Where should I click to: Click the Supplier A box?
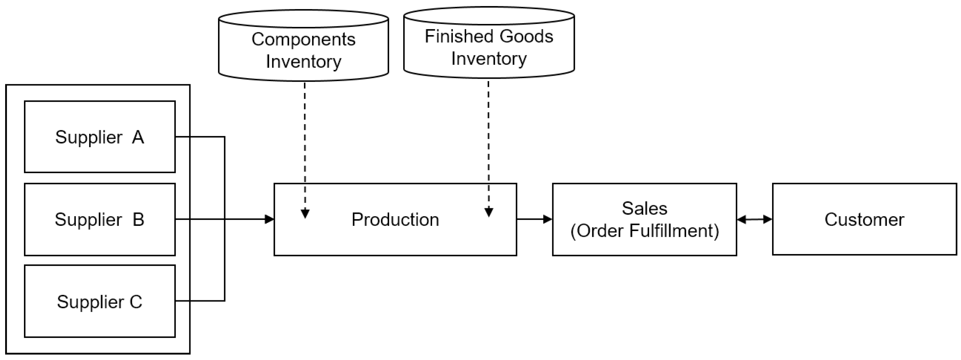[x=100, y=137]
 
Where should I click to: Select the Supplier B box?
[x=100, y=219]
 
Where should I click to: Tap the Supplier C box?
[x=100, y=301]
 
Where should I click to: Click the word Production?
[x=395, y=219]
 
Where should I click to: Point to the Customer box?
[x=864, y=219]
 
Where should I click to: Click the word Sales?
[x=644, y=208]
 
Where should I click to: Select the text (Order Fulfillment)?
[x=644, y=230]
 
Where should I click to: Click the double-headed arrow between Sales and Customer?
[x=754, y=219]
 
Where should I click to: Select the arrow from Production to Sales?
[x=534, y=219]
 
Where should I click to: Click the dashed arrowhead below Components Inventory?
[x=305, y=214]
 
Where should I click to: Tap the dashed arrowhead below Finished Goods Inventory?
[x=489, y=212]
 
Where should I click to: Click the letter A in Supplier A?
[x=138, y=137]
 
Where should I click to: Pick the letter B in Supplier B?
[x=138, y=219]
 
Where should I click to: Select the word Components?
[x=303, y=39]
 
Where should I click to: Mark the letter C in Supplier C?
[x=136, y=302]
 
